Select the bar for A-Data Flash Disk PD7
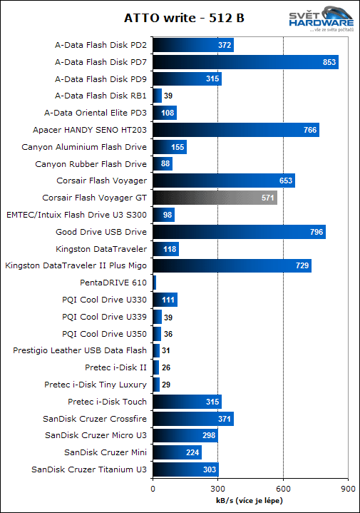point(245,62)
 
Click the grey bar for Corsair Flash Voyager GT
point(215,198)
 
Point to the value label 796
point(314,232)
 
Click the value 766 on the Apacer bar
point(309,130)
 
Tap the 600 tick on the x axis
point(283,489)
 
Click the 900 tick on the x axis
point(348,489)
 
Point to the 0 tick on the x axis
point(153,489)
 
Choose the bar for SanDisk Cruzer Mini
point(177,452)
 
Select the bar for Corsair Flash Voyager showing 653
point(223,181)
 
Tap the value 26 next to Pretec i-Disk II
point(166,367)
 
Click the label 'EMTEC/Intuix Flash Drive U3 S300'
point(76,215)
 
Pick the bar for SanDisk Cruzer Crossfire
point(192,418)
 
